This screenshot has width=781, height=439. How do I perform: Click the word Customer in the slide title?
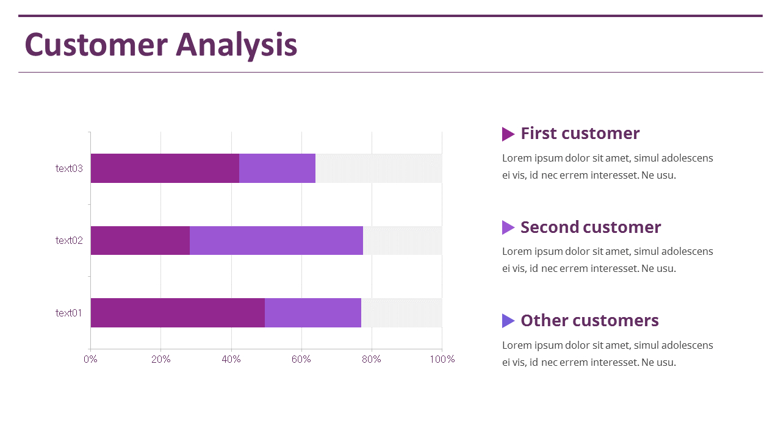click(x=96, y=45)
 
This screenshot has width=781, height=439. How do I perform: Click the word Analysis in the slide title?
click(x=237, y=46)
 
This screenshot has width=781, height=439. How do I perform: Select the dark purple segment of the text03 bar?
click(x=165, y=168)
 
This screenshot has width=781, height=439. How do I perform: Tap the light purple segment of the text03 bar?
click(x=277, y=168)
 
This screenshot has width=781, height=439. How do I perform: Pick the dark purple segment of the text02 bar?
click(x=140, y=240)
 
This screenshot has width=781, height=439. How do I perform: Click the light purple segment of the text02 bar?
click(x=276, y=240)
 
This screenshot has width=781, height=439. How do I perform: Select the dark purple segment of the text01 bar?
click(x=178, y=313)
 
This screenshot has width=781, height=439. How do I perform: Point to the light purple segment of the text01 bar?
click(x=312, y=313)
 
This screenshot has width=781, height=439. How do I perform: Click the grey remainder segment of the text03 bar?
click(x=378, y=168)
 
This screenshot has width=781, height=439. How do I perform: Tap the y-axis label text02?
click(x=69, y=240)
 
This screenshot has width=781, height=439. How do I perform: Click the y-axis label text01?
click(x=69, y=313)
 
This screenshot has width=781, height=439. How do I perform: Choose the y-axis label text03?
click(x=69, y=168)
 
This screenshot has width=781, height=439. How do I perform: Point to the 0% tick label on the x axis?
click(x=90, y=359)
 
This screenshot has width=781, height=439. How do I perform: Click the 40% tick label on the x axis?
click(x=231, y=359)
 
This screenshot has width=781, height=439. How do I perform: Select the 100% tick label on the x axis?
click(x=442, y=359)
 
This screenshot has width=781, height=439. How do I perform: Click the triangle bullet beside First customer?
click(x=508, y=134)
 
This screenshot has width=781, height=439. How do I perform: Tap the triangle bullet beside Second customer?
click(x=508, y=227)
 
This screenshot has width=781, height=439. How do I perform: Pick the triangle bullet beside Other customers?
click(x=508, y=321)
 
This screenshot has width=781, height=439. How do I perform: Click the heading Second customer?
click(x=590, y=227)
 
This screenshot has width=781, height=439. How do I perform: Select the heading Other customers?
click(x=589, y=321)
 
